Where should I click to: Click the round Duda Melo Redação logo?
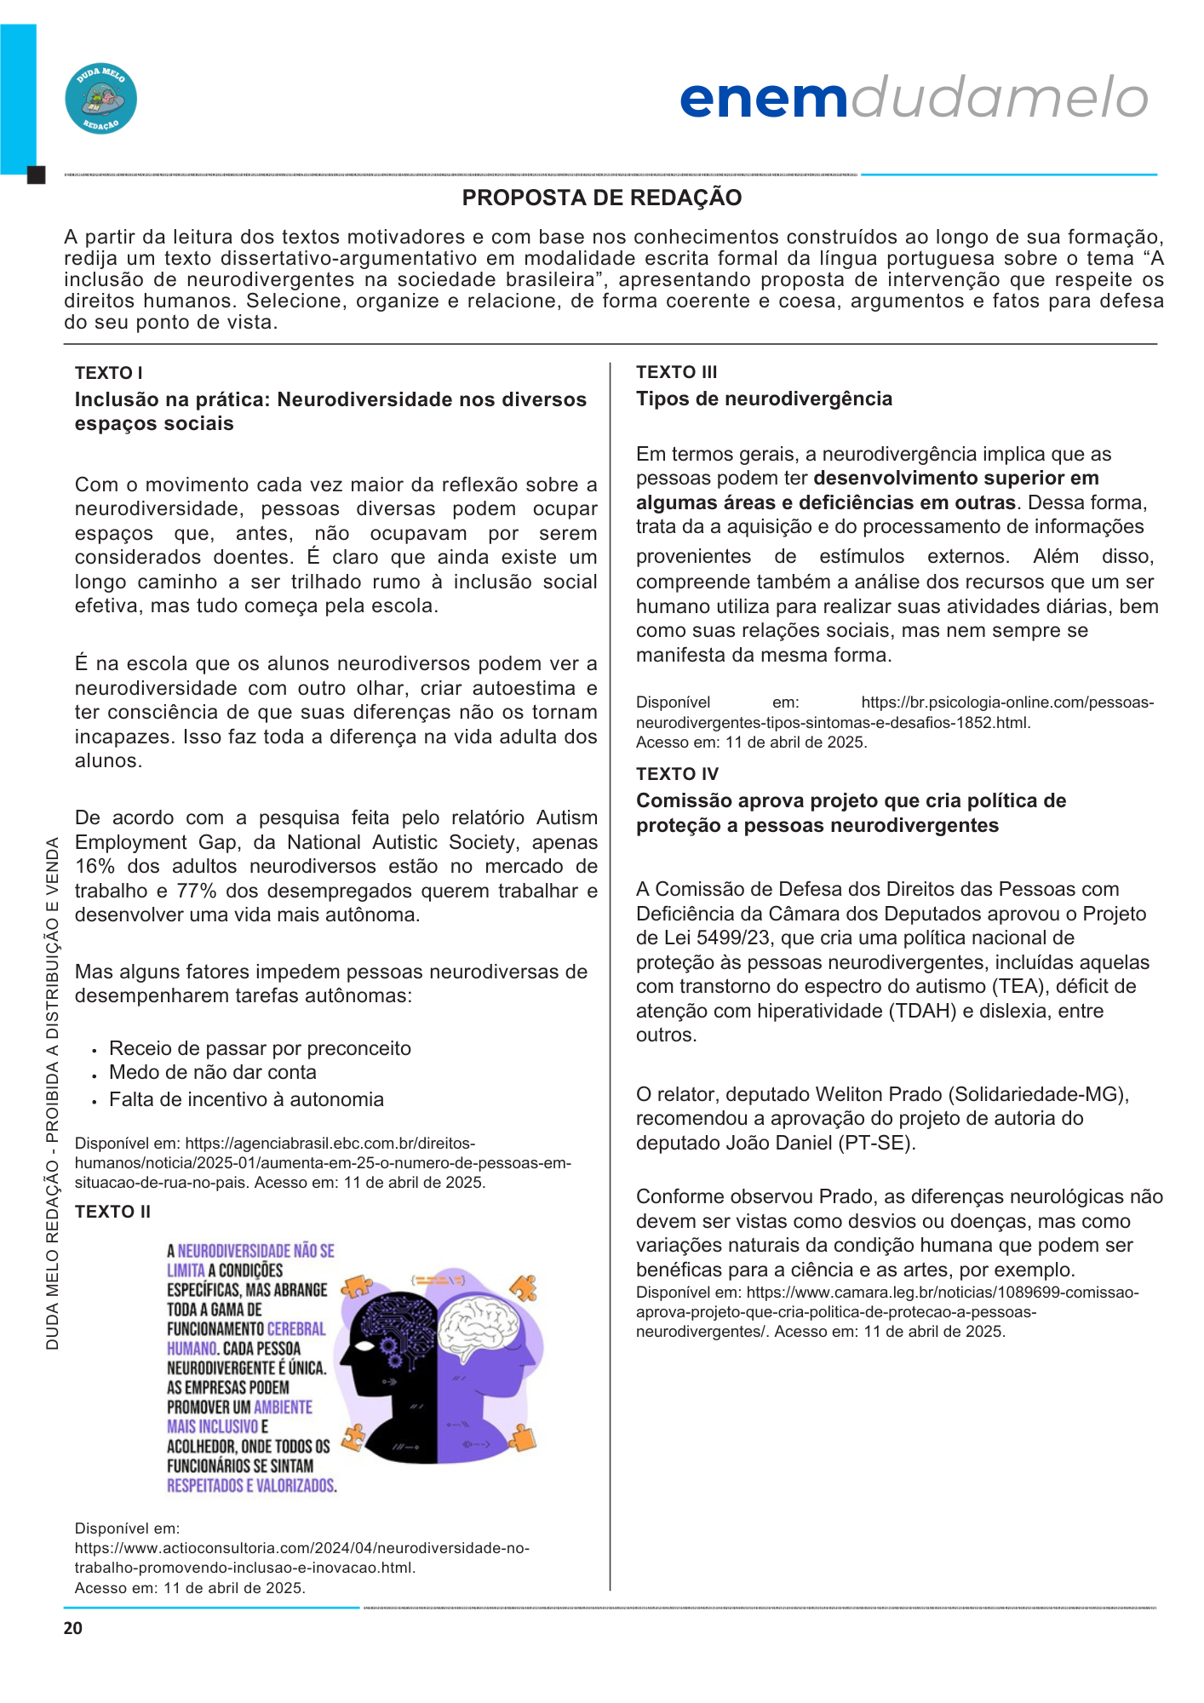100,99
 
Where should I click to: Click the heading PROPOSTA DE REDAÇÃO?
601,198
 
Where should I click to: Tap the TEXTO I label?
108,373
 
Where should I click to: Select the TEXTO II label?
112,1212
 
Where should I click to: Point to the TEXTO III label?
676,372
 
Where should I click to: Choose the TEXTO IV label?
677,774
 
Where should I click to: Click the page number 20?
73,1628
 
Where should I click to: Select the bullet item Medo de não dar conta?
212,1073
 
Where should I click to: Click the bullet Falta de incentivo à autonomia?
246,1100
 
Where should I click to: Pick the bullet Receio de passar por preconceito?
260,1049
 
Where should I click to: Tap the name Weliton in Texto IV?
847,1094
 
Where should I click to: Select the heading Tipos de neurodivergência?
764,399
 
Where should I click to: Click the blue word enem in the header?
764,99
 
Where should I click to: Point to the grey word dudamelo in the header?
999,99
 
